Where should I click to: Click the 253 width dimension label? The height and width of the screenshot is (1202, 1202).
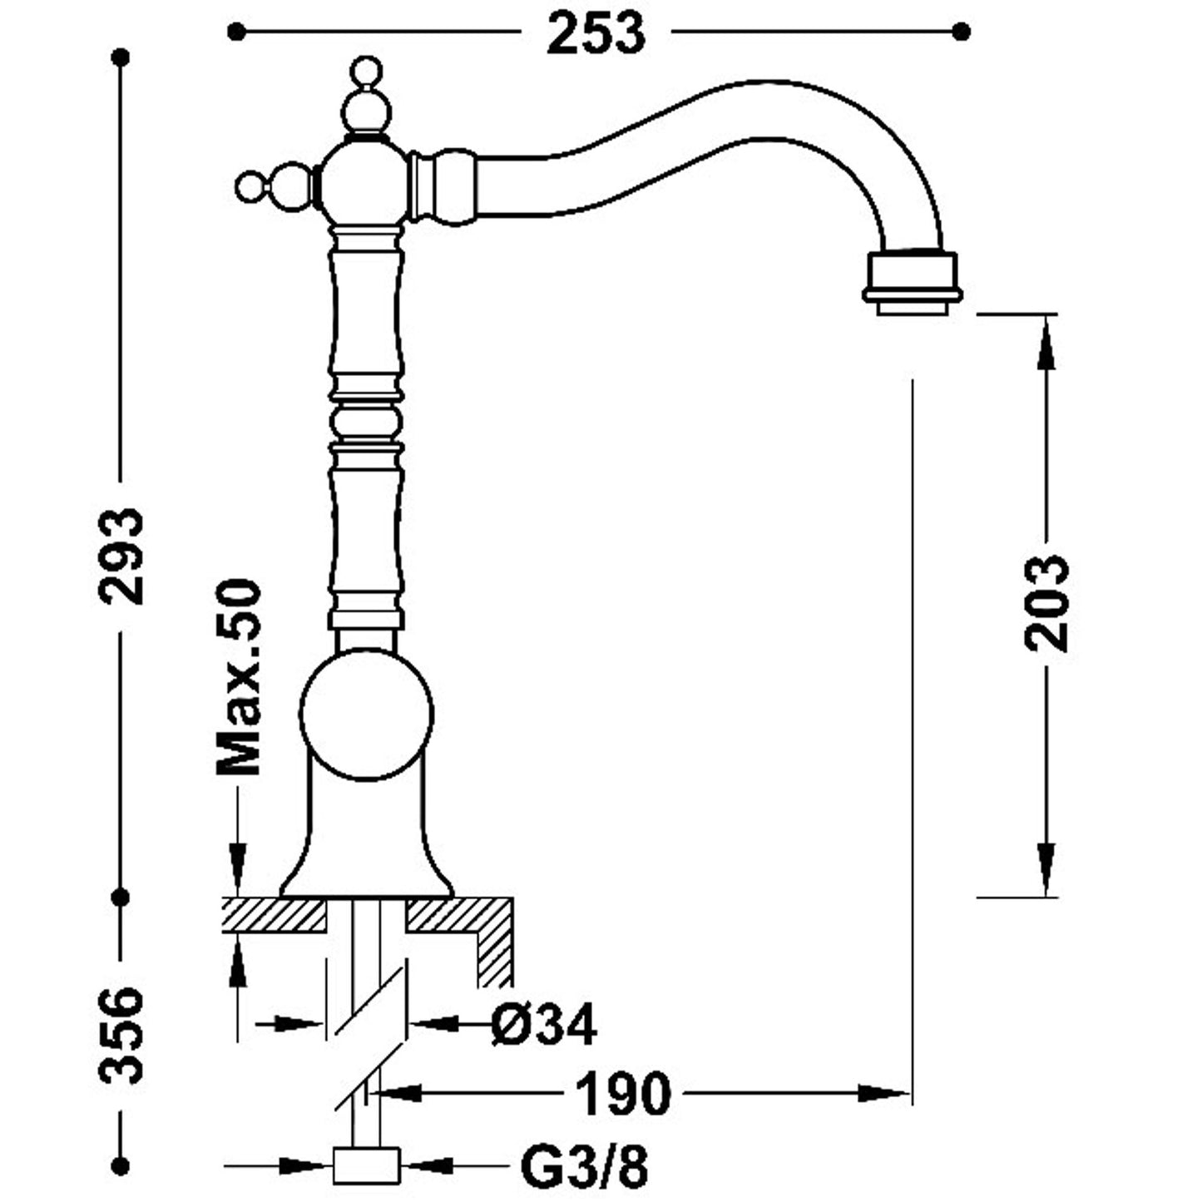pos(596,33)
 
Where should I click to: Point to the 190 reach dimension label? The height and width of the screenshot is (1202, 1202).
pos(623,1093)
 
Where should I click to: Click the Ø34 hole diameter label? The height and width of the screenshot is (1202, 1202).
pos(543,1024)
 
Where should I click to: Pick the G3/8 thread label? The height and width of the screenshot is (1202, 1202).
pos(584,1167)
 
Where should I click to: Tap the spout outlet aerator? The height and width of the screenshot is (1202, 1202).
pos(913,280)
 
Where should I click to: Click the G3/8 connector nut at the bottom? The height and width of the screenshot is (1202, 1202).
pos(366,1165)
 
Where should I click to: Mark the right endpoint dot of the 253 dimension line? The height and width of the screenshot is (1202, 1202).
pos(962,32)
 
